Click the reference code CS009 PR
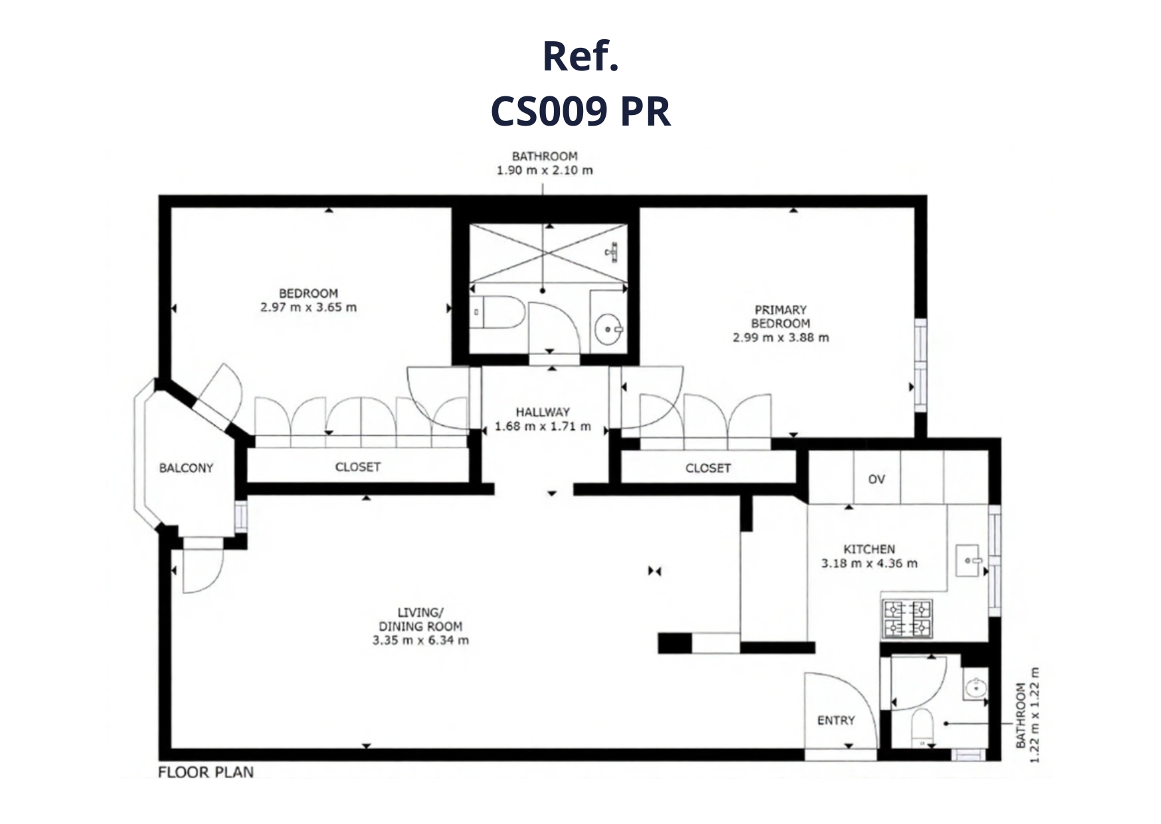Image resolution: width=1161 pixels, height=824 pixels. point(580,111)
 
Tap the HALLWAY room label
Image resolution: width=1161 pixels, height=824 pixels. point(543,412)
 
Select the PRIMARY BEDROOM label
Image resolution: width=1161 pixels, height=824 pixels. point(780,316)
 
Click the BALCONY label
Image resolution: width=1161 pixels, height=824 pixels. point(186,468)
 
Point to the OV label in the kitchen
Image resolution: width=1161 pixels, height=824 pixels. point(877,479)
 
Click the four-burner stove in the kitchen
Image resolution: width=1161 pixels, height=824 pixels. point(907,618)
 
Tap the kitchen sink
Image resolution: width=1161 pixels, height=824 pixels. point(968,560)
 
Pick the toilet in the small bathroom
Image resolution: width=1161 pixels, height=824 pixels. point(922,728)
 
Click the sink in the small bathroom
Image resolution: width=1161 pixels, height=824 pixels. point(976,688)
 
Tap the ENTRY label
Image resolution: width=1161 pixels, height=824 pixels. point(836,720)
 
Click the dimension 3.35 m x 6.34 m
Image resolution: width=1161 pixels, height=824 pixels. point(420,641)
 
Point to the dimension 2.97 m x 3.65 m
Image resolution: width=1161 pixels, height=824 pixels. point(308,308)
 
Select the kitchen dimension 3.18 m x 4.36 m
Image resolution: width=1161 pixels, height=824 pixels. point(869,564)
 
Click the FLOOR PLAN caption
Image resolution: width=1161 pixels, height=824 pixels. point(206,772)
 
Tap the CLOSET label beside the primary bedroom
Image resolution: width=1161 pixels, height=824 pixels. point(708,468)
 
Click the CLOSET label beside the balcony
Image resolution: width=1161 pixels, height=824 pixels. point(358,467)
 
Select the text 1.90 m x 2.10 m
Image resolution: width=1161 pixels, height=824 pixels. point(545,170)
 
